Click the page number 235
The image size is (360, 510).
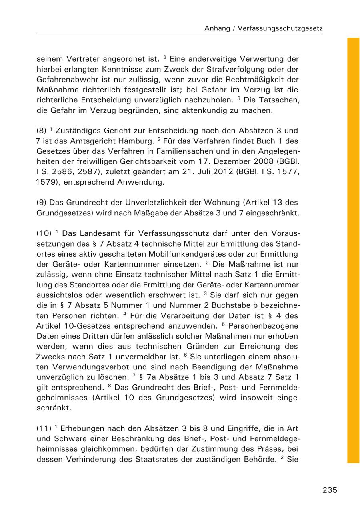(x=330, y=490)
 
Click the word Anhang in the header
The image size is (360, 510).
(x=217, y=28)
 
